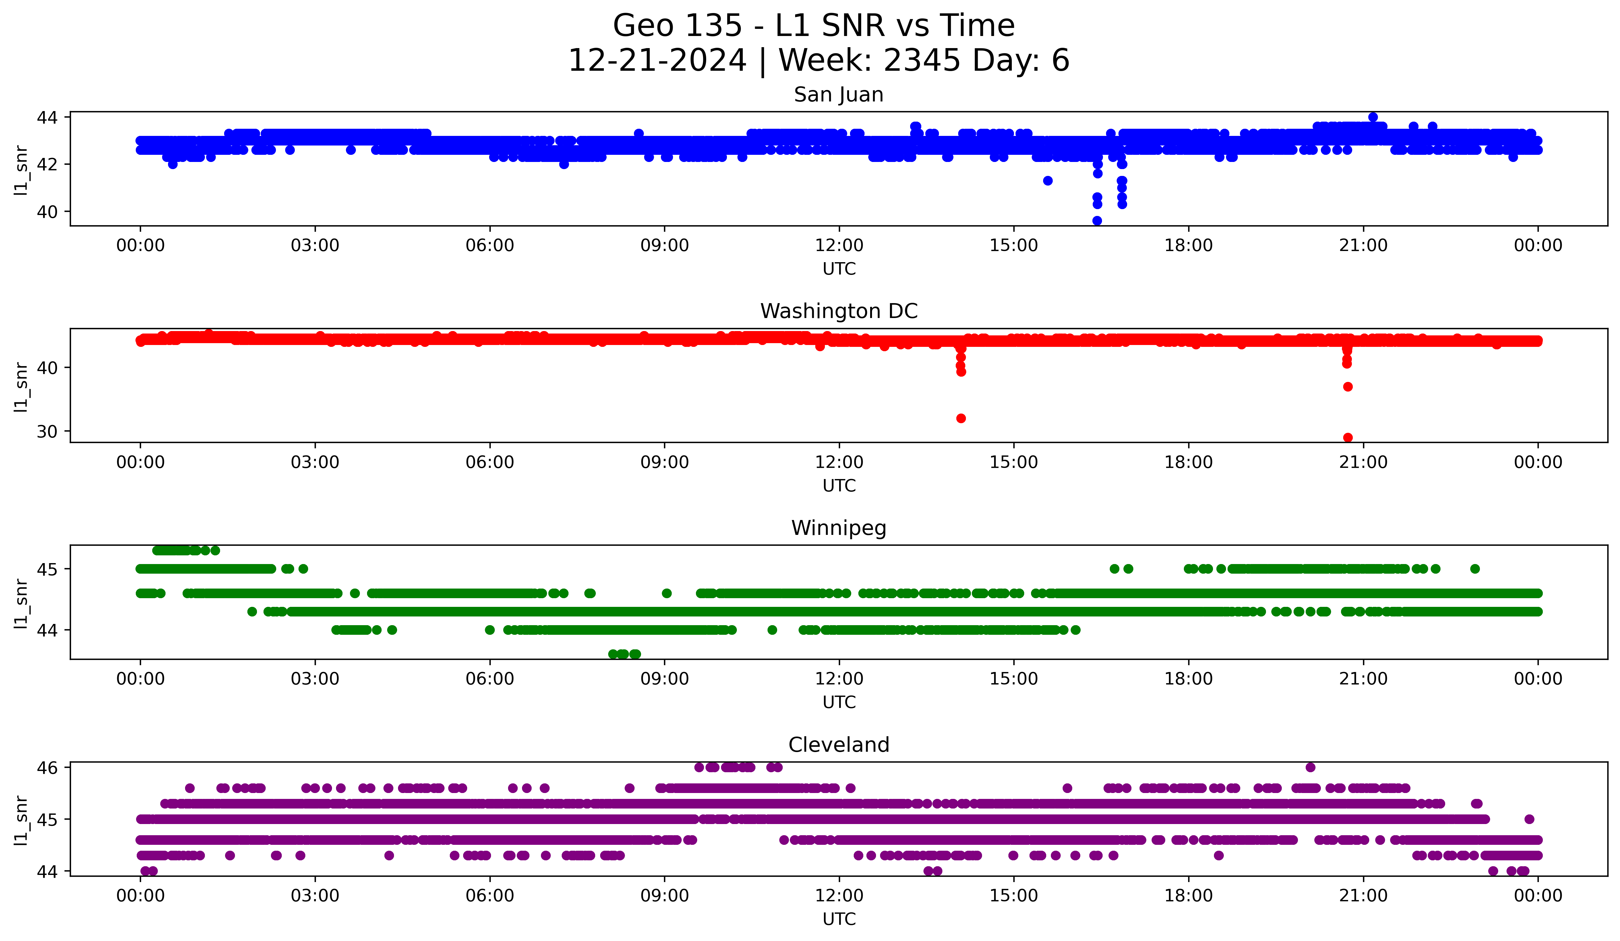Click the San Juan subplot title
click(x=838, y=95)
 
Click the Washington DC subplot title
click(x=838, y=311)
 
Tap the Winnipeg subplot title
click(x=838, y=528)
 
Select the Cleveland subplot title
click(x=838, y=745)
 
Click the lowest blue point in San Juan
click(x=1097, y=221)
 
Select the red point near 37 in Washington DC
click(x=1348, y=387)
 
